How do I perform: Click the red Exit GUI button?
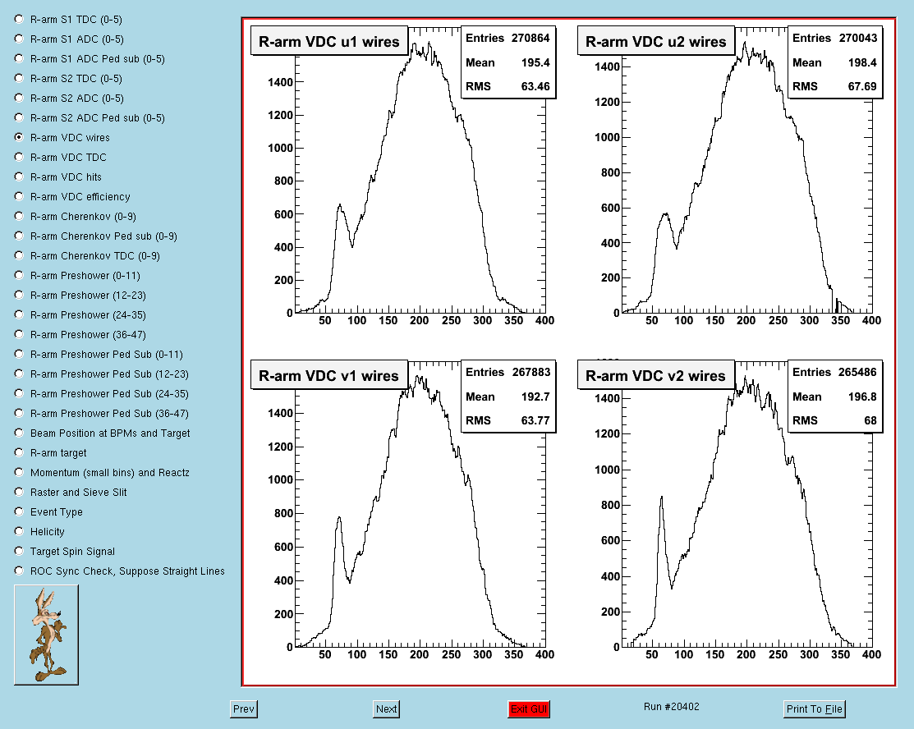528,709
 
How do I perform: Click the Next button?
387,709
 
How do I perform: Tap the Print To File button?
815,709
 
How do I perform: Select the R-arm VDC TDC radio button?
19,157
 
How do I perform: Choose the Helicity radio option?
19,531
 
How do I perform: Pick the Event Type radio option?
19,511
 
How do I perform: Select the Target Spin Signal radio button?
19,551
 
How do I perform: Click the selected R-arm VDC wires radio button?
19,137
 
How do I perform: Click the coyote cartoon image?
46,635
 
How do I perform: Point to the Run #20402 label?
672,707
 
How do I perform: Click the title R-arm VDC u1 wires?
329,42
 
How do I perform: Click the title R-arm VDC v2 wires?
656,376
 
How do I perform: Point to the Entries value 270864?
530,38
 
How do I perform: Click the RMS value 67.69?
862,86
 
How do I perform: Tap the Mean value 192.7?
535,397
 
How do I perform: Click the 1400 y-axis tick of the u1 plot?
280,82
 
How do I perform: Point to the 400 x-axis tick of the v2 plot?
871,654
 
